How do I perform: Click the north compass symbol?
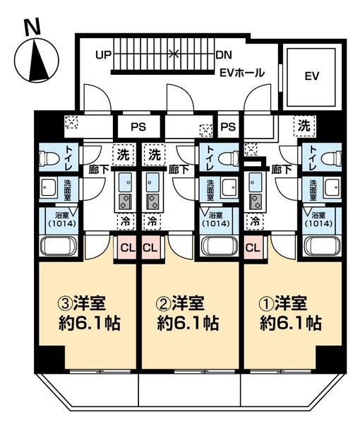(x=37, y=60)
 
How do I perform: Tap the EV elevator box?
(x=312, y=77)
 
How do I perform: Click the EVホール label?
(x=242, y=73)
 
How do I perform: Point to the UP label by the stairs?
(x=104, y=55)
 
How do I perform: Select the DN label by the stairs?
(x=224, y=55)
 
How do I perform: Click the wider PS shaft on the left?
(x=138, y=126)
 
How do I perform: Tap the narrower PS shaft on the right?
(x=228, y=126)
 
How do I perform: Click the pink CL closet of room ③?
(x=128, y=247)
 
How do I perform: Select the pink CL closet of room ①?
(x=253, y=247)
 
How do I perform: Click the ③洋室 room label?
(x=82, y=303)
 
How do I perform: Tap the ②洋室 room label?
(x=180, y=303)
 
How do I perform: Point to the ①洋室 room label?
(x=283, y=303)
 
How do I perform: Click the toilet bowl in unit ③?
(x=49, y=158)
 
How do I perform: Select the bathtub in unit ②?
(x=219, y=246)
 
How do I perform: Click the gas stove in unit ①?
(x=256, y=201)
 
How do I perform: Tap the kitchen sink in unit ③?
(x=125, y=182)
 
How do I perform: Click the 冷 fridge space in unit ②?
(x=152, y=221)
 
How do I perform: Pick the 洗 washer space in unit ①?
(x=304, y=126)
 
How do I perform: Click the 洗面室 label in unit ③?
(x=67, y=189)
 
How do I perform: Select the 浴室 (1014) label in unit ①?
(x=318, y=219)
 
